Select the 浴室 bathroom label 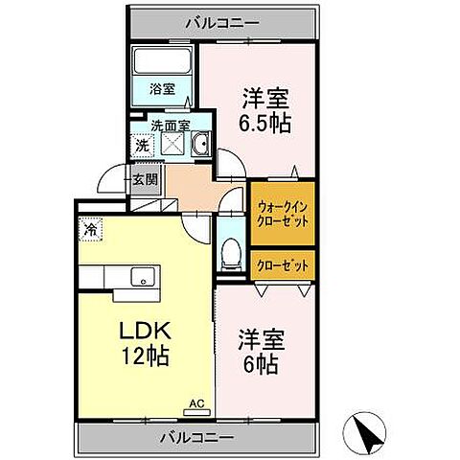pyautogui.click(x=161, y=89)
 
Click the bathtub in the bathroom pyautogui.click(x=161, y=61)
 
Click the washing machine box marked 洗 pyautogui.click(x=140, y=146)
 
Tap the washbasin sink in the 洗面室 pyautogui.click(x=200, y=146)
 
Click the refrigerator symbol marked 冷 pyautogui.click(x=90, y=230)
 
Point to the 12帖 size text pyautogui.click(x=144, y=356)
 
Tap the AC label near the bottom pyautogui.click(x=196, y=403)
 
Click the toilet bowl pyautogui.click(x=229, y=251)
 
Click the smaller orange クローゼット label pyautogui.click(x=282, y=262)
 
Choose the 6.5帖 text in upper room pyautogui.click(x=265, y=124)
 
